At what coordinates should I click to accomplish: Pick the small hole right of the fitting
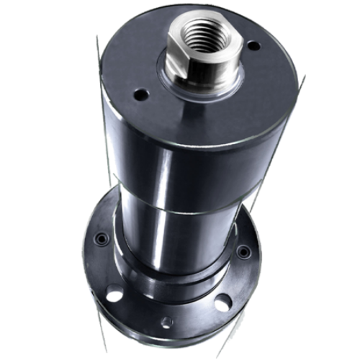coord(253,45)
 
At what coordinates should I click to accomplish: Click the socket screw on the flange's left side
coord(102,238)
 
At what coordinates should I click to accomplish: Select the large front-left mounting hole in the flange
coord(114,294)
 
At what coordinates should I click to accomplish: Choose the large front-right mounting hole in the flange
coord(220,302)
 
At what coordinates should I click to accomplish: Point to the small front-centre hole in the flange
coord(166,322)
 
